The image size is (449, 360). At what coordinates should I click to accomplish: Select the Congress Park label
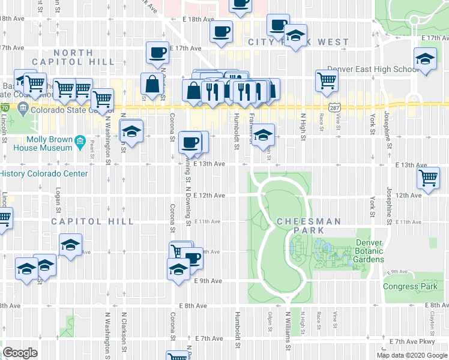[x=410, y=286]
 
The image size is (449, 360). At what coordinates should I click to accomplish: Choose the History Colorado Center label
[x=44, y=174]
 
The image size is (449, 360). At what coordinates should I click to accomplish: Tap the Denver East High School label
[x=372, y=70]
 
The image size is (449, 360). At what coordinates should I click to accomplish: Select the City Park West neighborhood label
[x=298, y=43]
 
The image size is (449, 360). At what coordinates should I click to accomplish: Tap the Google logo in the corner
[x=20, y=353]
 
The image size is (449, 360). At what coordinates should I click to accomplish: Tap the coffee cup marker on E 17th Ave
[x=157, y=52]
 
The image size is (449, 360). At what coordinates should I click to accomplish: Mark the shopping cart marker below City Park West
[x=327, y=79]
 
